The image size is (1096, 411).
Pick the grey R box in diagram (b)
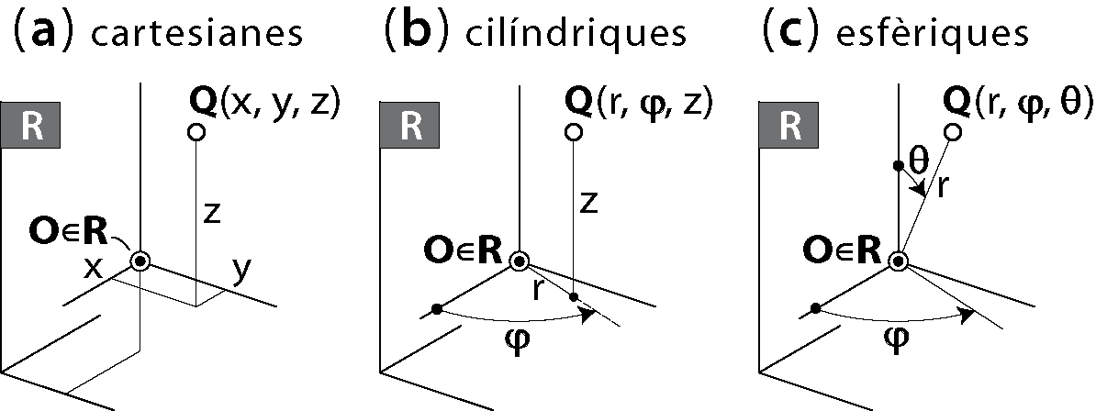410,126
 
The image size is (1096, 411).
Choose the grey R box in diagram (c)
788,126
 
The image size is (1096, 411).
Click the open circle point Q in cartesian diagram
195,132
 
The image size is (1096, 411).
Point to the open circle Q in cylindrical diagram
574,132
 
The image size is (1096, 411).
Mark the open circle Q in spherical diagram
953,132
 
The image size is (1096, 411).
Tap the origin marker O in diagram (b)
520,261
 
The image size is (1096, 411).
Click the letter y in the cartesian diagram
240,273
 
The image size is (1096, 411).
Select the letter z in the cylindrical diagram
589,202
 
